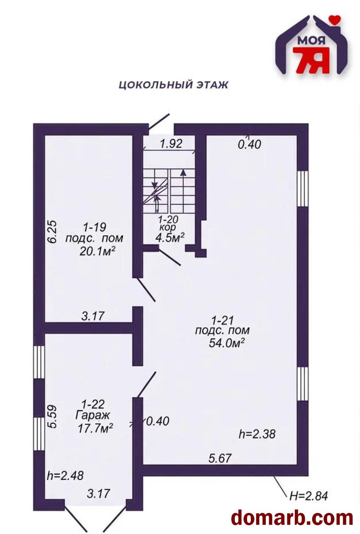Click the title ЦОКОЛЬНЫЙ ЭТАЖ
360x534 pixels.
[173, 85]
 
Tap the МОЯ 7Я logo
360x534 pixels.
[311, 45]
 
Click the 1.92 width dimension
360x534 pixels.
[171, 144]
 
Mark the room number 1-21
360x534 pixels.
[223, 320]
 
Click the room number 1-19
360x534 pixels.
[95, 227]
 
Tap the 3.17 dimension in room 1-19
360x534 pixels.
[93, 316]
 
